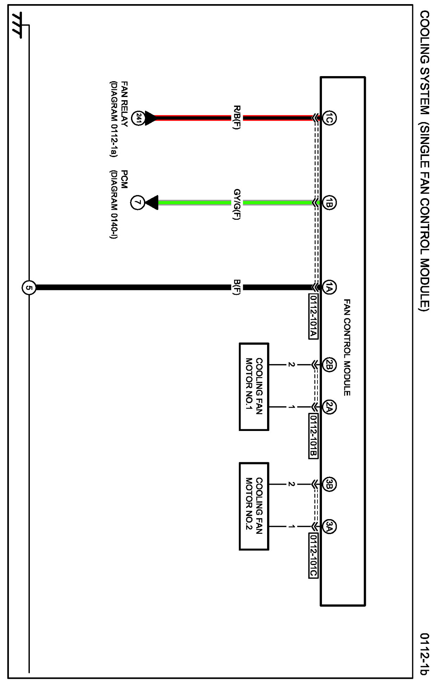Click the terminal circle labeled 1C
329,118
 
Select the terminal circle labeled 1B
329,203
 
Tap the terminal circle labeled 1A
329,287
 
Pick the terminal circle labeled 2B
329,365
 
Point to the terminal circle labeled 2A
329,407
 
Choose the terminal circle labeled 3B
329,484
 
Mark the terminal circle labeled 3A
329,526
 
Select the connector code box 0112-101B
313,436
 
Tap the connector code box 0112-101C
313,555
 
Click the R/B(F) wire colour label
237,118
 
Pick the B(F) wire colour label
237,287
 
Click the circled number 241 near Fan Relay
138,118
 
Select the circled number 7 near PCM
137,203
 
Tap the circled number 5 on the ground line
29,287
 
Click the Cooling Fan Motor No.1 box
254,386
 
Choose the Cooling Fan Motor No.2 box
254,506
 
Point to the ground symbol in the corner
17,26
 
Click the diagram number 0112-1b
425,653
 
